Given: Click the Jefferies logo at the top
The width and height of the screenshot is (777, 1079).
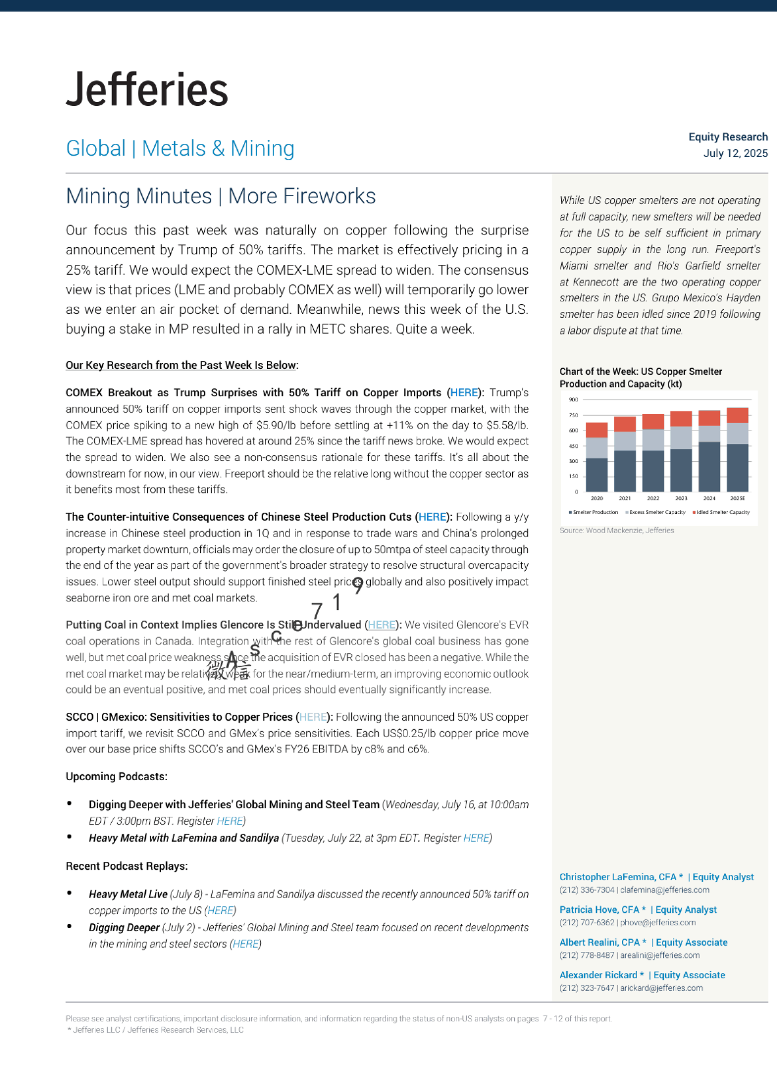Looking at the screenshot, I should (147, 90).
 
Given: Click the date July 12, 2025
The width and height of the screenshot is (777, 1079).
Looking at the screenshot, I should (735, 154).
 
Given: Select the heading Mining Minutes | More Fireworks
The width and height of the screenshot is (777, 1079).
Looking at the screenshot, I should (220, 196).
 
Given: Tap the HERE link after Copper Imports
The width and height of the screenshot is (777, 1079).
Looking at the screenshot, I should (464, 393).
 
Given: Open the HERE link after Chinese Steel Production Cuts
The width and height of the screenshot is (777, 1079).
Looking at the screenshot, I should (432, 517).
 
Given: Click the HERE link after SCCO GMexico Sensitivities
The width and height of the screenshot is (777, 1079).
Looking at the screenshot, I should (313, 717).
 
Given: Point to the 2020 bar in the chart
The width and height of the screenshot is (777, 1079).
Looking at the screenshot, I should (596, 458).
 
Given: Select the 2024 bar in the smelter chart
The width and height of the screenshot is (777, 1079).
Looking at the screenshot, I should (709, 451).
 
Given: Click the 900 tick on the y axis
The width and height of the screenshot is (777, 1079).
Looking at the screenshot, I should (574, 400).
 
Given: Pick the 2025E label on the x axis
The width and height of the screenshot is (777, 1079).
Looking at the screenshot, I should (737, 498).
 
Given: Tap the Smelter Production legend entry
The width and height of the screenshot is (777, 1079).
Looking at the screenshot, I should (594, 513).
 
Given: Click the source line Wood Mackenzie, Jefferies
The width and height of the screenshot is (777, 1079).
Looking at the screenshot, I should (617, 530).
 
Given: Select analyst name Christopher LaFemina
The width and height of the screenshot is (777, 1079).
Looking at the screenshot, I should (618, 877).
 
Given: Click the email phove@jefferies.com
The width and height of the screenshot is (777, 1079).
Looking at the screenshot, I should (658, 923).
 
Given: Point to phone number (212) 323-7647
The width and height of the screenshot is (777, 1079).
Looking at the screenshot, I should (587, 988).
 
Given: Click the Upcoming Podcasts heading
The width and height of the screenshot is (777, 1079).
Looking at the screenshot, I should (116, 777).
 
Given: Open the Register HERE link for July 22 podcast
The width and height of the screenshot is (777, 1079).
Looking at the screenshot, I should (476, 838).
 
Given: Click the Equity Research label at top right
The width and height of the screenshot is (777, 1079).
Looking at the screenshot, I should (728, 137).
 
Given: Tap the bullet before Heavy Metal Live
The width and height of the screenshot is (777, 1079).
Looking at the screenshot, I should (69, 893).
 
